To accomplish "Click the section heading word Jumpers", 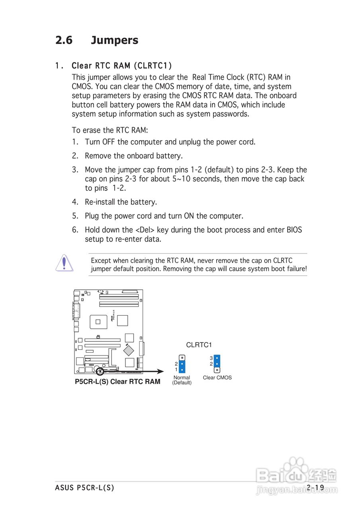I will coord(114,40).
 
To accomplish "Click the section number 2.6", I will coord(64,40).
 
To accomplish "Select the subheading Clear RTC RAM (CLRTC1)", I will coord(121,65).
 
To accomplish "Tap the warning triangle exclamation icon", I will coord(64,263).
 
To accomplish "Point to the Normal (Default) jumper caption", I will coord(182,380).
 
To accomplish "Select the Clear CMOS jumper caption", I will coord(217,378).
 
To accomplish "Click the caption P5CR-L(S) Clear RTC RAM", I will coord(117,382).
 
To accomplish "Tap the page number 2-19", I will coord(315,488).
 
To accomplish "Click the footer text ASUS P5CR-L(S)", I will coord(84,488).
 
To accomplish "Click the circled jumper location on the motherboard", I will coord(100,371).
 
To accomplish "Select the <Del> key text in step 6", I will coord(145,230).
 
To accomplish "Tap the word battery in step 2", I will coord(170,156).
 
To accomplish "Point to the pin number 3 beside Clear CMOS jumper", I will coord(211,358).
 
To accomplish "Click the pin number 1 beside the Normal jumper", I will coord(176,369).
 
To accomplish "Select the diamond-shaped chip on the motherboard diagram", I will coord(129,350).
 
